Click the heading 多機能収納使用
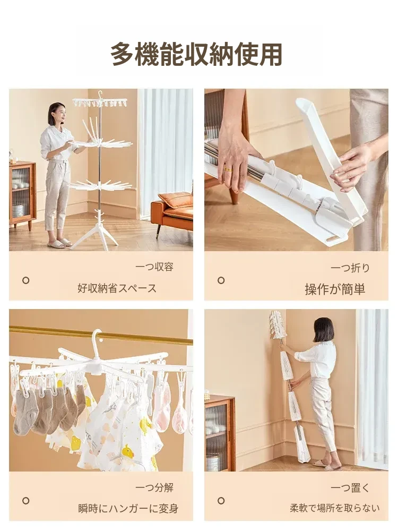point(196,54)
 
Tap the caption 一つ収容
point(154,267)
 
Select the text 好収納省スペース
point(117,288)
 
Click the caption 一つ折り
point(350,268)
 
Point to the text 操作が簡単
point(335,289)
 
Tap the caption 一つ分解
point(154,487)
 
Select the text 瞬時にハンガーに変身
point(128,508)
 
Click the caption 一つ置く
point(350,488)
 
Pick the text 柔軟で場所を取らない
point(334,508)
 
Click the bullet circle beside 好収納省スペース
point(25,280)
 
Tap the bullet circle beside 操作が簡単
point(221,280)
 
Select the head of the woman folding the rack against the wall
point(323,330)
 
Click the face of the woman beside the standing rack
point(61,115)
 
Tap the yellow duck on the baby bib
point(127,452)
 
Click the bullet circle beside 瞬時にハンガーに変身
point(25,501)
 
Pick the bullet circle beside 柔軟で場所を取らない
point(221,501)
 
